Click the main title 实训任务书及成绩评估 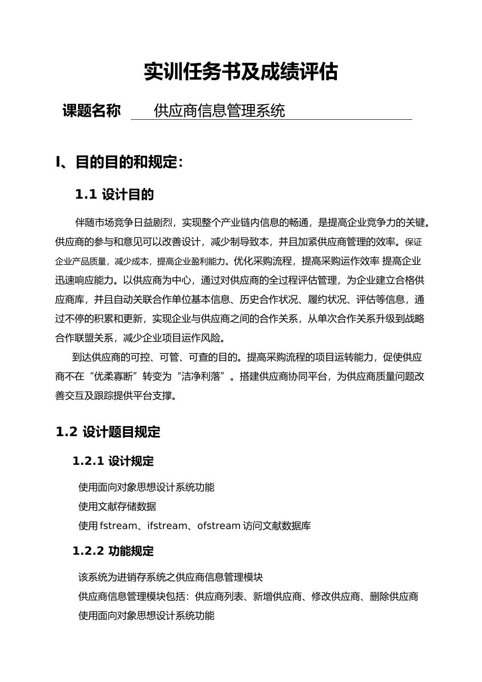click(x=240, y=72)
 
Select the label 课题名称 click(x=91, y=111)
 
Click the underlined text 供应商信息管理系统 click(x=219, y=111)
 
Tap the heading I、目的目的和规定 click(x=119, y=162)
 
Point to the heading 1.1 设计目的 click(x=114, y=194)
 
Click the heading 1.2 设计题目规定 click(x=108, y=432)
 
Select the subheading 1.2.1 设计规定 click(x=113, y=461)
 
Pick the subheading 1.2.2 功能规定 click(x=113, y=551)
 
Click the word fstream click(x=118, y=526)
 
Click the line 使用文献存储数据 click(x=117, y=506)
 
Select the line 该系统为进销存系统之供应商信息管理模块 click(x=170, y=577)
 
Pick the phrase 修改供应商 click(x=335, y=596)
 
